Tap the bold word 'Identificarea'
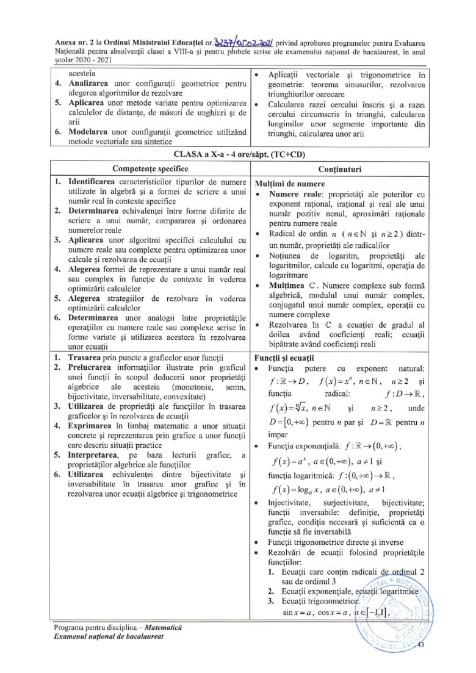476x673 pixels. [96, 182]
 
